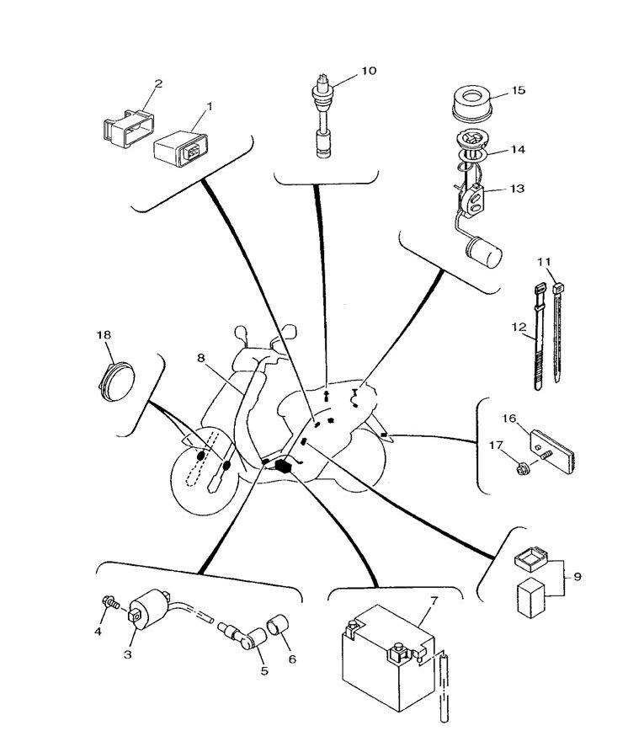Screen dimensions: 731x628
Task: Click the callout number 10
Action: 368,71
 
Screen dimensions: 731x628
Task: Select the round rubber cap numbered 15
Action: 472,102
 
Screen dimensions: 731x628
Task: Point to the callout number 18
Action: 104,335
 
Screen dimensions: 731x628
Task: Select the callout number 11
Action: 544,262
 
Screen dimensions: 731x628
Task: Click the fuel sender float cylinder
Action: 482,250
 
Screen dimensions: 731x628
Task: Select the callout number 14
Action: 517,150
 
